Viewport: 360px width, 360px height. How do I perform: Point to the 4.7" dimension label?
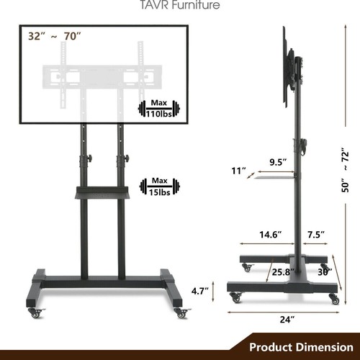coord(200,291)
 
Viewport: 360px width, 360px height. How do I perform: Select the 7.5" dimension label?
coord(315,234)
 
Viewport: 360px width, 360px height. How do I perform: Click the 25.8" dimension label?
coord(282,273)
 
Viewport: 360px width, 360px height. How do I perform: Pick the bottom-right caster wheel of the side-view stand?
coord(333,298)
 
